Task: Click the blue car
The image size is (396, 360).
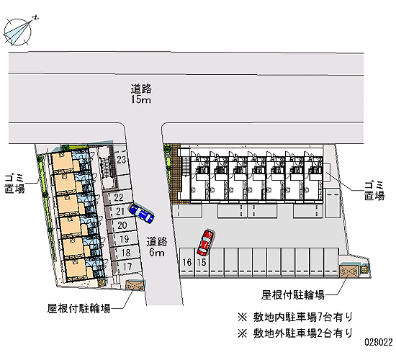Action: (x=142, y=213)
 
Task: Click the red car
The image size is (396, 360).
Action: (x=205, y=242)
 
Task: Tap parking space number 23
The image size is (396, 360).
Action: (x=121, y=160)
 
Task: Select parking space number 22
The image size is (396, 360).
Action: (x=119, y=197)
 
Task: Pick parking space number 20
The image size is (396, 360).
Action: (x=122, y=225)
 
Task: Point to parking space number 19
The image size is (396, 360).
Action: (x=124, y=239)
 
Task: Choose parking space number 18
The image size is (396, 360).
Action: (x=126, y=253)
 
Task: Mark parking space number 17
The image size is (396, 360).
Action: (x=127, y=266)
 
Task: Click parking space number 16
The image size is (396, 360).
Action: (x=187, y=262)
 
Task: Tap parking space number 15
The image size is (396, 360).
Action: (x=202, y=262)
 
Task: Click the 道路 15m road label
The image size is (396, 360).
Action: (x=141, y=94)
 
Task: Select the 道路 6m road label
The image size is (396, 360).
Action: (x=157, y=246)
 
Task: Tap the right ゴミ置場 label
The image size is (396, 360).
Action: (x=374, y=191)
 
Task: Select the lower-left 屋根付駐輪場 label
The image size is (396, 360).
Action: (x=79, y=308)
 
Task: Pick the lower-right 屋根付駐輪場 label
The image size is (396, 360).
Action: (x=293, y=294)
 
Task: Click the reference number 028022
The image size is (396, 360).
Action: (x=378, y=342)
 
